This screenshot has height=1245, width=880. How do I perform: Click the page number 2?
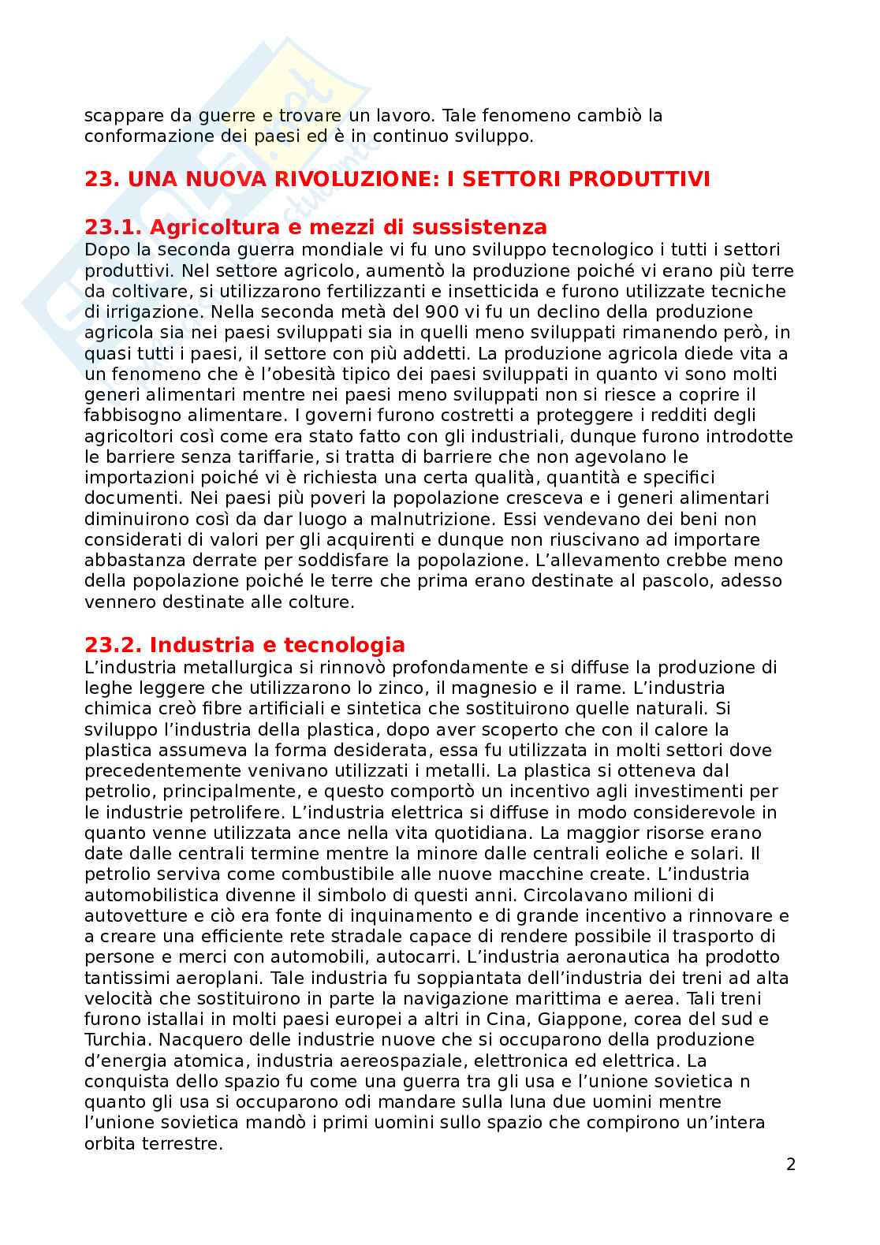[791, 1164]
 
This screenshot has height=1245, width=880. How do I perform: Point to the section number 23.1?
[114, 228]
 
